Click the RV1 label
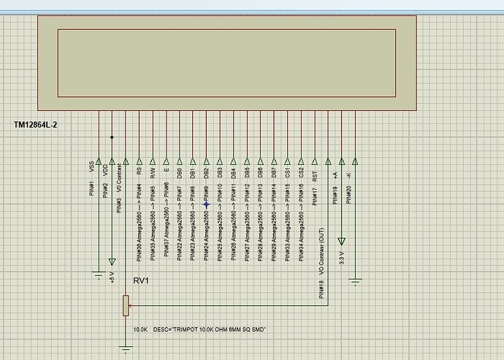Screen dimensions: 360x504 click(141, 281)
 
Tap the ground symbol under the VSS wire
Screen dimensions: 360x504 click(98, 275)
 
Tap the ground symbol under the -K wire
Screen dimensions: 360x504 click(355, 278)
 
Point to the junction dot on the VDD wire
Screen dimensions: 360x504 click(112, 137)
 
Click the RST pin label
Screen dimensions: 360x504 click(315, 175)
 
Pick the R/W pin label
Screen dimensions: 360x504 click(153, 174)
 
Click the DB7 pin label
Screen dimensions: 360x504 click(274, 174)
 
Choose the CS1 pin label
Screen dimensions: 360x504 click(288, 174)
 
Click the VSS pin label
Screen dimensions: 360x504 click(92, 167)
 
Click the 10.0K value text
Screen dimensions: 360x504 click(141, 330)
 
